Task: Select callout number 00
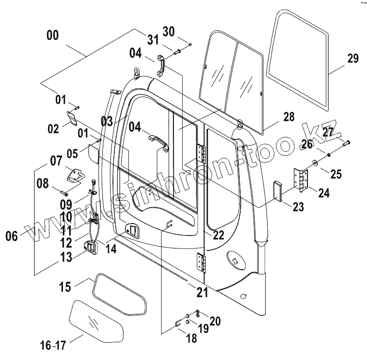(53, 35)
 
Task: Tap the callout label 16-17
(53, 345)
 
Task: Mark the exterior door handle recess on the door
(132, 230)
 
